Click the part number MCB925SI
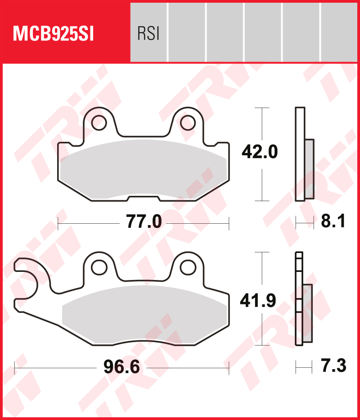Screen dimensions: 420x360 coord(54,34)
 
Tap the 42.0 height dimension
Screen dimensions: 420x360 coord(260,152)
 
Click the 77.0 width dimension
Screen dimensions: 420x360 coord(143,222)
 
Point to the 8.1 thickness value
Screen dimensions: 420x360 coord(333,222)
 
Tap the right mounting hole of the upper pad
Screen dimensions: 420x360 coord(186,122)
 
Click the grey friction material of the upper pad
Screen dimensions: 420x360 coord(143,169)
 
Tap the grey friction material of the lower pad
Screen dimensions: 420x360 coord(143,315)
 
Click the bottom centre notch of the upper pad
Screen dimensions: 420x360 coord(144,199)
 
